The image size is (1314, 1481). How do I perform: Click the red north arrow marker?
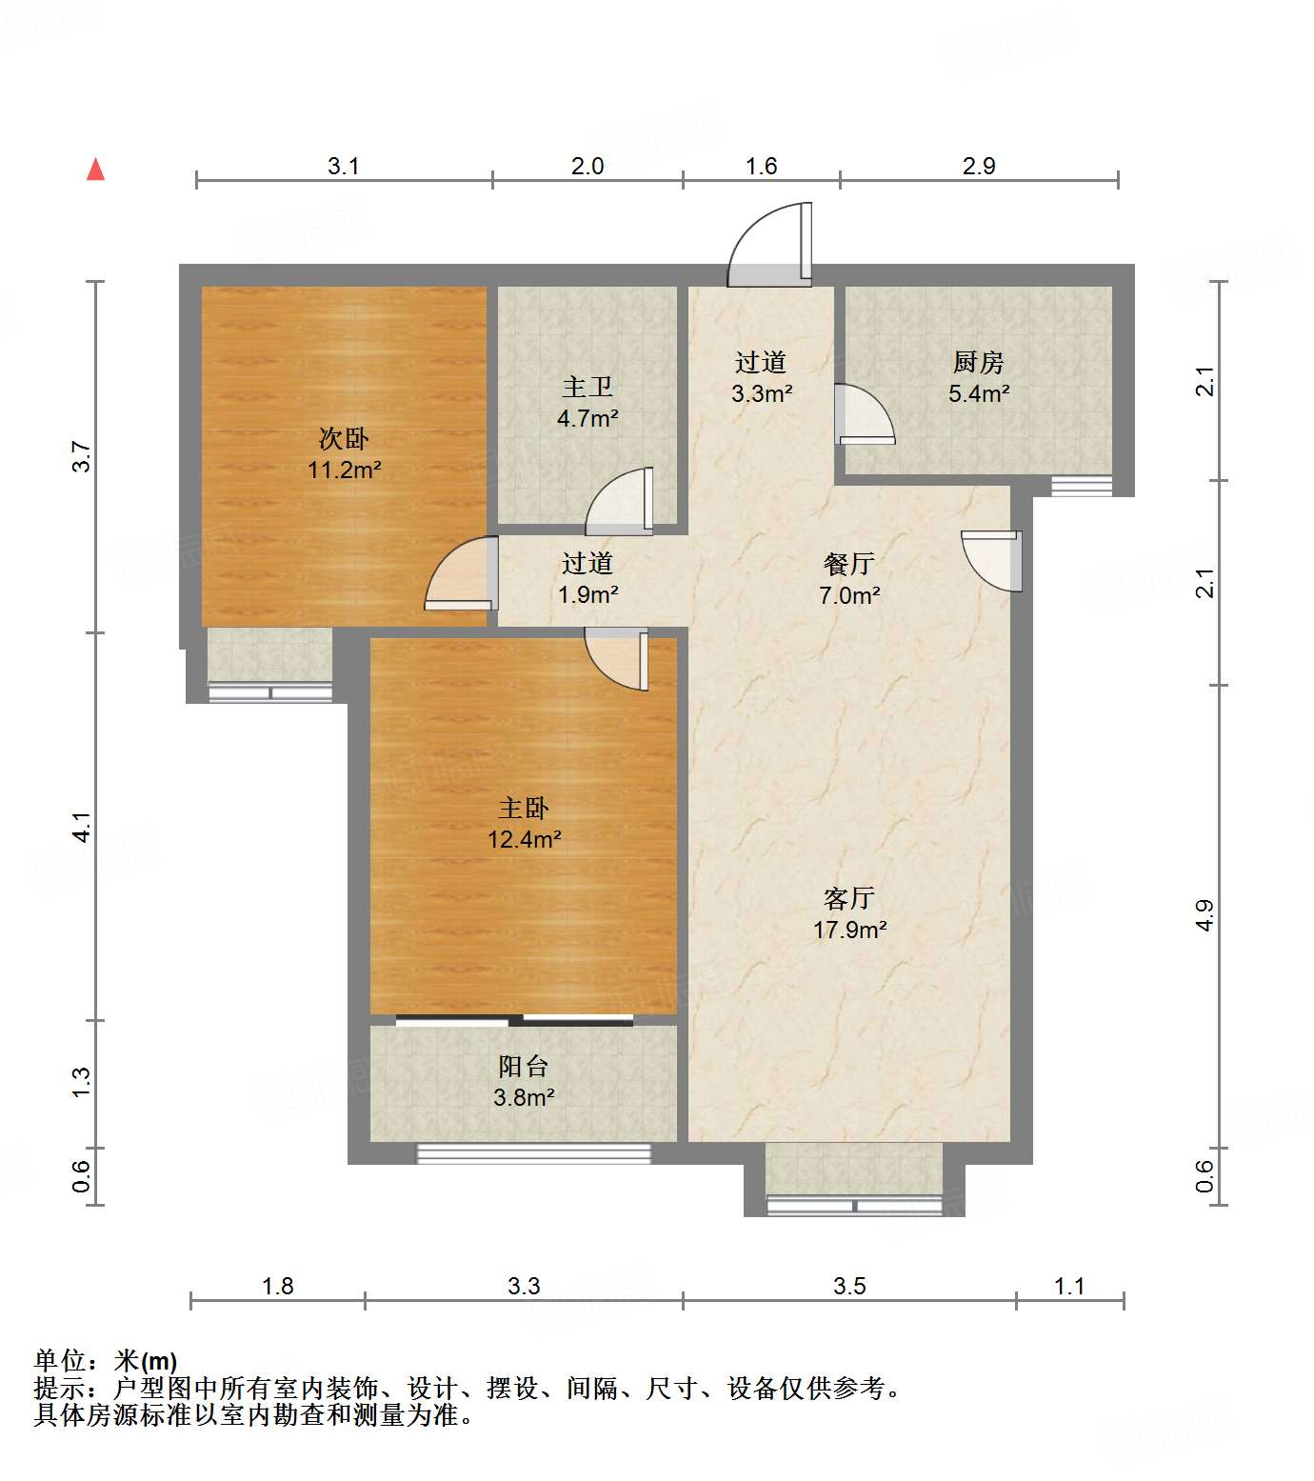click(x=95, y=170)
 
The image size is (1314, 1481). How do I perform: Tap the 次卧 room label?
click(x=343, y=439)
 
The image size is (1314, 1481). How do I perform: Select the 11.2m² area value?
click(x=344, y=470)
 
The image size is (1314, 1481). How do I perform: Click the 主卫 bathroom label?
click(x=587, y=387)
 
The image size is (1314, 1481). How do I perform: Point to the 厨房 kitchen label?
click(x=978, y=362)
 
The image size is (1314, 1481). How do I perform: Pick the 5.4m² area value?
click(x=978, y=392)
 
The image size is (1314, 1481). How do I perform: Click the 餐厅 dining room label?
click(x=848, y=564)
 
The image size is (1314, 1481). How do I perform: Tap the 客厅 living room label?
click(x=848, y=898)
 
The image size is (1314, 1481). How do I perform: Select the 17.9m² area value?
click(x=849, y=930)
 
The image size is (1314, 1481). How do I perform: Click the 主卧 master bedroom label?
click(x=523, y=809)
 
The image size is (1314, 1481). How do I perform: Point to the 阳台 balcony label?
click(x=523, y=1067)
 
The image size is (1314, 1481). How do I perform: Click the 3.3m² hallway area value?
click(x=762, y=392)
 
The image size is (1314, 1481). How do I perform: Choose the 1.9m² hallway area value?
click(x=587, y=594)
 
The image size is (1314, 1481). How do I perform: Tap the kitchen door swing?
click(x=863, y=414)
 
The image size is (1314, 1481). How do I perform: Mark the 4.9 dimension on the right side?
click(x=1204, y=915)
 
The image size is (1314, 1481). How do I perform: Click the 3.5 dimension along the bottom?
click(x=849, y=1287)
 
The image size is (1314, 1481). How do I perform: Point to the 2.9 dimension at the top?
click(x=978, y=166)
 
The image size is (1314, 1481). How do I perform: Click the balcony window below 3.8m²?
click(x=533, y=1153)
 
